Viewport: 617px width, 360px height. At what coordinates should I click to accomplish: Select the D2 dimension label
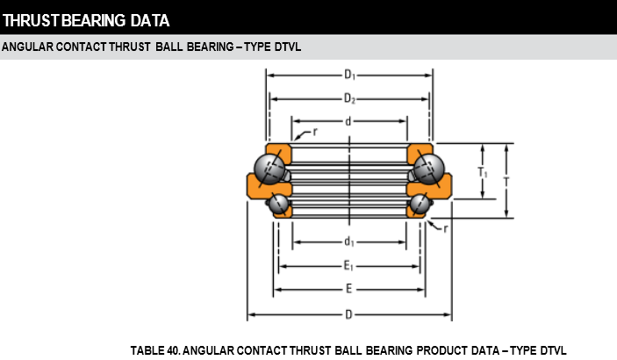pyautogui.click(x=349, y=98)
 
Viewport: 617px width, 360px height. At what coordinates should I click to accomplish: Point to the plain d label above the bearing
pyautogui.click(x=348, y=121)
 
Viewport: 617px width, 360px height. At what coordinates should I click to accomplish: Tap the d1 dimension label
pyautogui.click(x=349, y=241)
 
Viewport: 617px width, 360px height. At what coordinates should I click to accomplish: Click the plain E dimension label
pyautogui.click(x=348, y=289)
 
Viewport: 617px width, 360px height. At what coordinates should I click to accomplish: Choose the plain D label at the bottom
pyautogui.click(x=348, y=313)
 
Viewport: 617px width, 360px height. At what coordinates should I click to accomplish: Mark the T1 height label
pyautogui.click(x=483, y=174)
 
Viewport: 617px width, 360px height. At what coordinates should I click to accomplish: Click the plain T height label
pyautogui.click(x=506, y=181)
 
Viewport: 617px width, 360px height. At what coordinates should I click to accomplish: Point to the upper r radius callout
pyautogui.click(x=314, y=131)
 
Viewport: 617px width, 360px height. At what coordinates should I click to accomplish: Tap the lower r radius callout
pyautogui.click(x=446, y=228)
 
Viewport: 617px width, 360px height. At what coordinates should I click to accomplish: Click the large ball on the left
pyautogui.click(x=268, y=168)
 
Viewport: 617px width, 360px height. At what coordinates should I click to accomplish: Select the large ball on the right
pyautogui.click(x=429, y=168)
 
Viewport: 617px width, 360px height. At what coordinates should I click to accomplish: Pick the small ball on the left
pyautogui.click(x=279, y=205)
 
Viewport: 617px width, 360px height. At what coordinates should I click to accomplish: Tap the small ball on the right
pyautogui.click(x=420, y=205)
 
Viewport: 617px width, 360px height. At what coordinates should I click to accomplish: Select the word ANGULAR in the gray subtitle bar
pyautogui.click(x=27, y=47)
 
